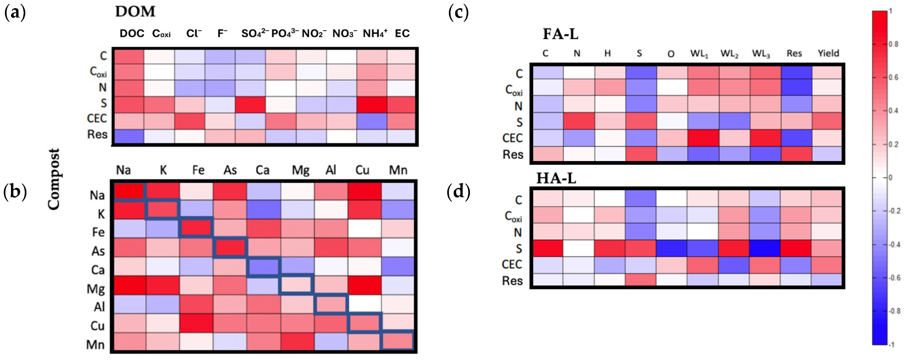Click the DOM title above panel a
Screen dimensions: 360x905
tap(135, 12)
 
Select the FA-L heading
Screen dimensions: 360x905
tap(560, 34)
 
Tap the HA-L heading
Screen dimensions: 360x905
tap(556, 178)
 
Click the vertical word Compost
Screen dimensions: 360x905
tap(54, 179)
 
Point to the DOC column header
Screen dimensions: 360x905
tap(132, 34)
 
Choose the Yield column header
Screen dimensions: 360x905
tap(828, 53)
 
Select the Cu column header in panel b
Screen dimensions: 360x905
tap(362, 170)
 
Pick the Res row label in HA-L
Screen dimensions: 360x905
tap(512, 281)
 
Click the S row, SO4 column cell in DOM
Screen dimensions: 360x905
tap(250, 105)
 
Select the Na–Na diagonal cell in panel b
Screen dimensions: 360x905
tap(129, 192)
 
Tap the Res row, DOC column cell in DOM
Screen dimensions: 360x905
tap(128, 136)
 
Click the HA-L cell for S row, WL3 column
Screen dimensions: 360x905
tap(765, 248)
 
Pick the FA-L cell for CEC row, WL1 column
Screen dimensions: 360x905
tap(702, 138)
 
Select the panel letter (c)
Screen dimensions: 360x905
tap(458, 13)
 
